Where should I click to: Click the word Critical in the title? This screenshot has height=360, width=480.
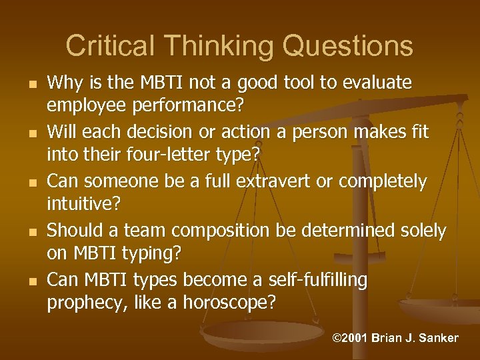(x=107, y=46)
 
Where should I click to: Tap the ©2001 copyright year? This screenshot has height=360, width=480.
(x=349, y=338)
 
